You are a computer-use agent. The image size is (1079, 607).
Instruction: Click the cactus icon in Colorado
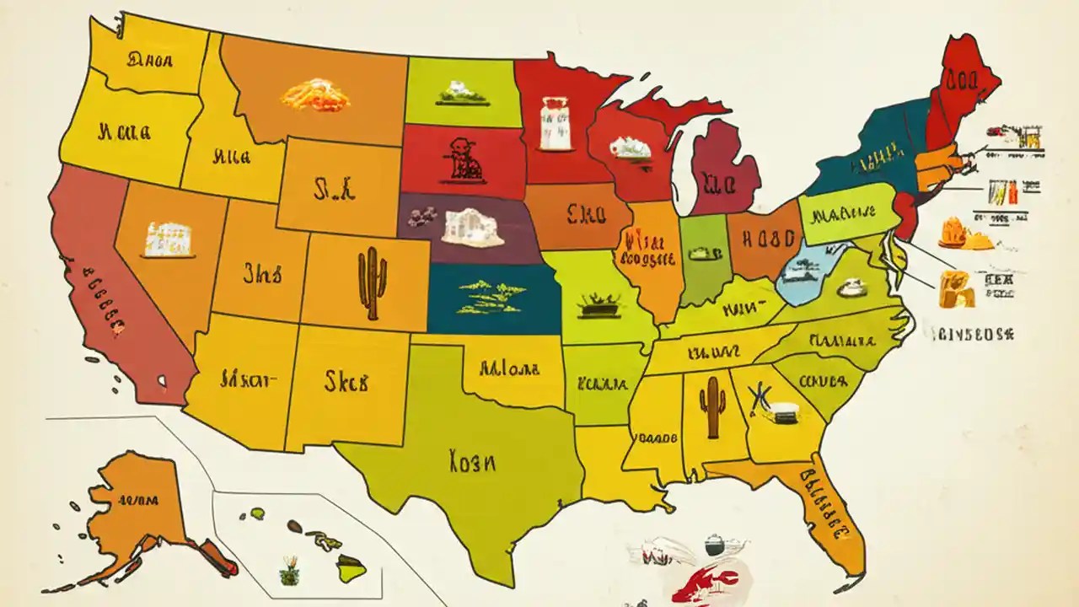click(x=372, y=282)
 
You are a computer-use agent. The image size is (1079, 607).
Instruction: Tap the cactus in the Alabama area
click(x=713, y=406)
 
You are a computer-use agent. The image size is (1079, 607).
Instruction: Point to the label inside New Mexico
click(x=346, y=382)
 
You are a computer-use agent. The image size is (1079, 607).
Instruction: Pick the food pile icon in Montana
click(x=315, y=94)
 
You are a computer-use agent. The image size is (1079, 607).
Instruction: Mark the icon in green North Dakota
click(x=461, y=93)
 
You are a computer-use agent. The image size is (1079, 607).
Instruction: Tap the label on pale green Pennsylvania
click(x=843, y=216)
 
